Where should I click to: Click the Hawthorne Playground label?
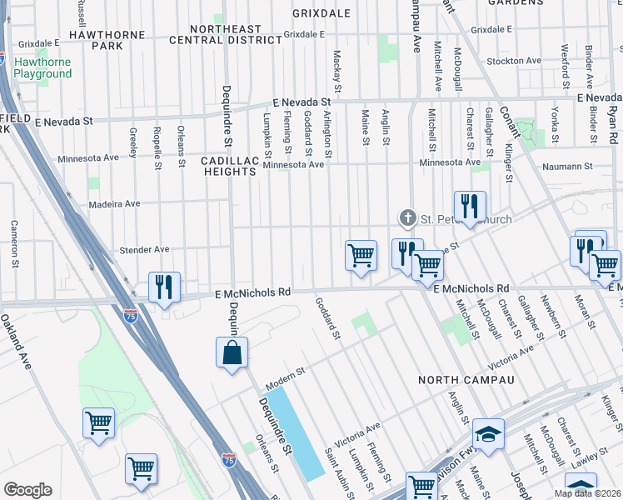[42, 67]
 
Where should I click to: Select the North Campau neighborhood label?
[466, 380]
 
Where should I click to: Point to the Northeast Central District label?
[225, 34]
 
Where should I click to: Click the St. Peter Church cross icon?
[407, 218]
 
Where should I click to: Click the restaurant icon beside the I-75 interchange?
[164, 287]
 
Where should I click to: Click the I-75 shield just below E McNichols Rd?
[130, 315]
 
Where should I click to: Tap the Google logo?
[27, 490]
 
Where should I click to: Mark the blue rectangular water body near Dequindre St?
[297, 432]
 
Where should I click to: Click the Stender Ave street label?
[144, 249]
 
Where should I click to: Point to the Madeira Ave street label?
[115, 203]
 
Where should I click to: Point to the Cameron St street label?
[14, 242]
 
